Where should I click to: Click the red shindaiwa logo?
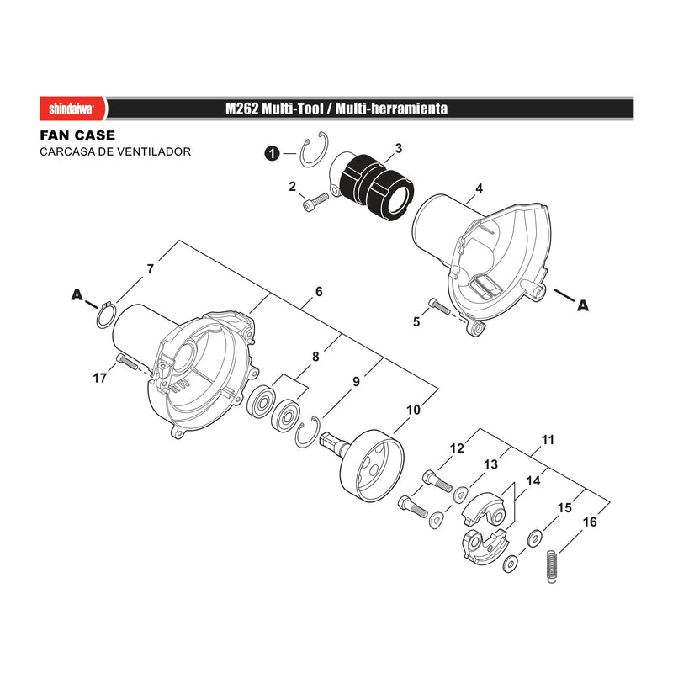point(73,109)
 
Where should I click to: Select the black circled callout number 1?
point(272,153)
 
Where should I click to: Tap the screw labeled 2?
point(315,202)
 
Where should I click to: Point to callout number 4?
point(479,188)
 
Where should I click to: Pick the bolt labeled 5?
point(439,307)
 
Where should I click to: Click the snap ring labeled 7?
point(106,316)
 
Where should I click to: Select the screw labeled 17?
point(125,362)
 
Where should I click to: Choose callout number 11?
point(548,440)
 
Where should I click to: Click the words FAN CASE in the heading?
point(77,135)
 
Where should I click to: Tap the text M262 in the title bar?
point(241,109)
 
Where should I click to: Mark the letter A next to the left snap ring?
point(77,295)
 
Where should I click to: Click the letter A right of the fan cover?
point(583,305)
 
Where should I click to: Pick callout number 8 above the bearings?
point(316,357)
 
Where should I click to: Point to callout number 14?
point(533,480)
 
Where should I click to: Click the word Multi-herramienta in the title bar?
point(391,109)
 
